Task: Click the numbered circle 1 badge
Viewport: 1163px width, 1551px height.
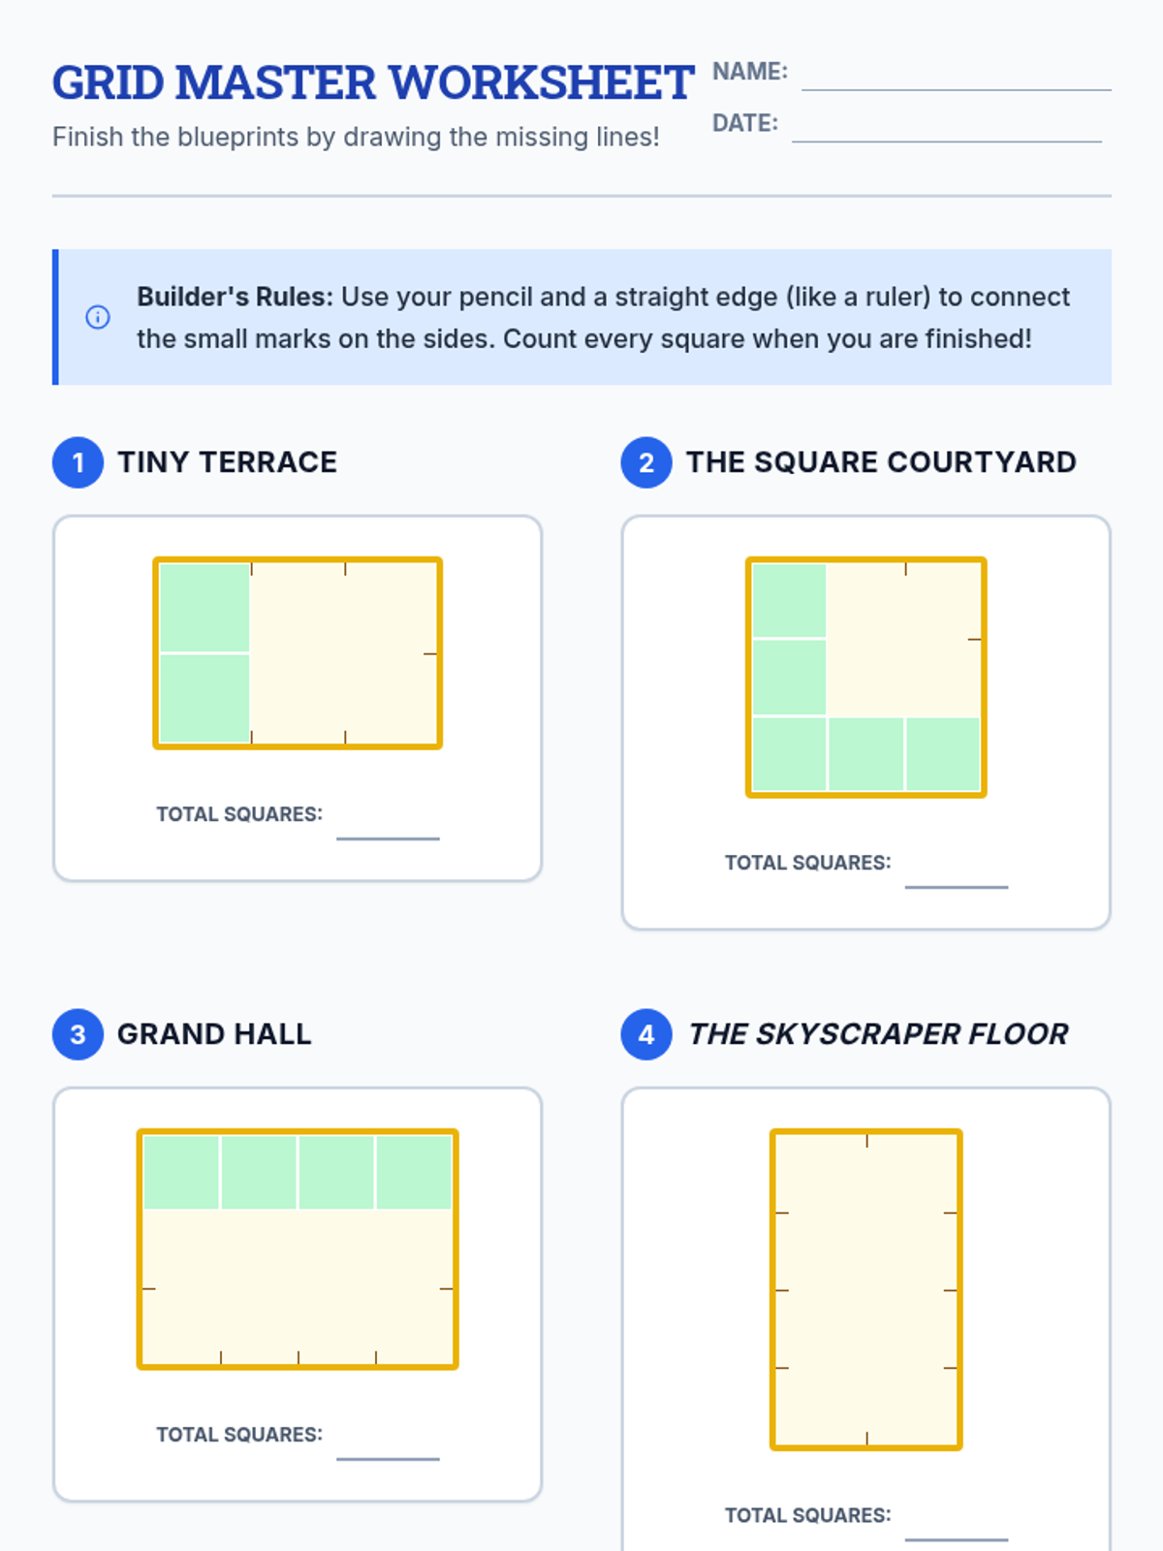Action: click(78, 462)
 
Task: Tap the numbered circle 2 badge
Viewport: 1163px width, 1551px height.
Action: click(646, 462)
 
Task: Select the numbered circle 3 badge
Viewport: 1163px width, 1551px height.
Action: click(78, 1034)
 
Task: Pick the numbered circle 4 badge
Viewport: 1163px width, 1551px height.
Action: click(646, 1034)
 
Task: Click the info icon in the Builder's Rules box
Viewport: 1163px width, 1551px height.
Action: click(98, 317)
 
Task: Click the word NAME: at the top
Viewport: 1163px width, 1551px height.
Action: click(749, 72)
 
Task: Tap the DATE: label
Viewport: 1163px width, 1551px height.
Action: click(745, 123)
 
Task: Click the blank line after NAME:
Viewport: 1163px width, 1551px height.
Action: click(957, 90)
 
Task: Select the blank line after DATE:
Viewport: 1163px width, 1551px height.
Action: click(946, 142)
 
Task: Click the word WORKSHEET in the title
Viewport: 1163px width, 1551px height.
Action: click(542, 82)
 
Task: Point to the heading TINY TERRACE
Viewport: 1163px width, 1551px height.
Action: click(228, 462)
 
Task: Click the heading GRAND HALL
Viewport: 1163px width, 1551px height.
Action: click(214, 1034)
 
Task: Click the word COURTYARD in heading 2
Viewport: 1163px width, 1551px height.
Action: click(982, 462)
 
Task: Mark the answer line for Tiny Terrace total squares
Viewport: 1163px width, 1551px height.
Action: click(388, 839)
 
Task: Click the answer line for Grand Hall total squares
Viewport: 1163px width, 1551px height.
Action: click(388, 1459)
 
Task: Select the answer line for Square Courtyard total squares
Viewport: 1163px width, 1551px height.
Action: click(957, 887)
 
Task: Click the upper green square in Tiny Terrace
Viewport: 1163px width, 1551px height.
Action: click(204, 607)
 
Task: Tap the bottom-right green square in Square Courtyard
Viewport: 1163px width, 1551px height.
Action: click(943, 754)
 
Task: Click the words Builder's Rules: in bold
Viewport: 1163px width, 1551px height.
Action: click(235, 297)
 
